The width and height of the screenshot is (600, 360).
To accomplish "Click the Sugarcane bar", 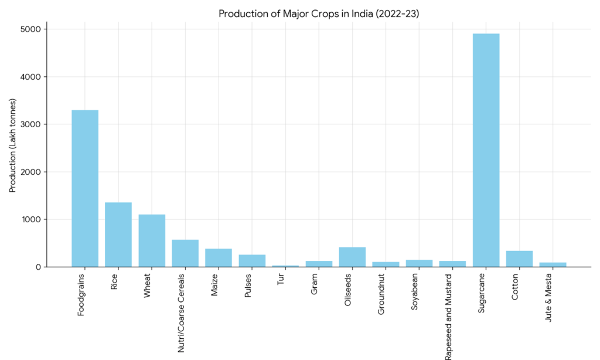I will [x=486, y=150].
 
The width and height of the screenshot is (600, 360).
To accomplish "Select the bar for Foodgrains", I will [x=85, y=188].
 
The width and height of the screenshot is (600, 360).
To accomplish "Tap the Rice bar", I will [x=118, y=235].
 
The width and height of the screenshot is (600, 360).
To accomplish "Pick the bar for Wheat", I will [x=152, y=240].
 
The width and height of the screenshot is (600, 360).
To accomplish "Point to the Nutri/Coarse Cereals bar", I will [x=185, y=253].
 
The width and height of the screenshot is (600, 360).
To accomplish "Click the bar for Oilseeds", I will [x=352, y=257].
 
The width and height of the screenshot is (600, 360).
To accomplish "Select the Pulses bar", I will [x=252, y=261].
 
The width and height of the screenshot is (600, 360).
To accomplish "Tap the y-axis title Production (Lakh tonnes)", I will [x=13, y=146].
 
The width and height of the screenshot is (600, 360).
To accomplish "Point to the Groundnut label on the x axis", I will [x=381, y=294].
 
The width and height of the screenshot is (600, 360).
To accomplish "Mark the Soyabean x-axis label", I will [x=415, y=291].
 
